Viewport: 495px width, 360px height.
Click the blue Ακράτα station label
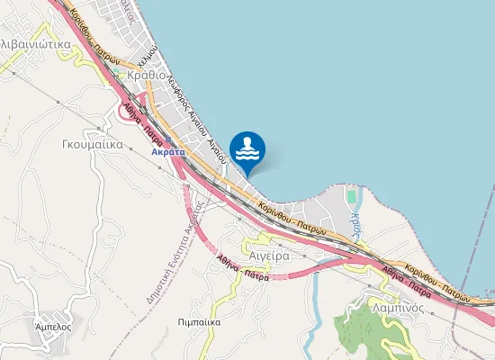[x=168, y=153]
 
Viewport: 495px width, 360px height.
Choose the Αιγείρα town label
[x=268, y=256]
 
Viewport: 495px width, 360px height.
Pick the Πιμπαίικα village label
[x=200, y=320]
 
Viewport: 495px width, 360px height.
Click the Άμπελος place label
[x=52, y=326]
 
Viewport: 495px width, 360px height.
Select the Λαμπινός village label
[x=399, y=307]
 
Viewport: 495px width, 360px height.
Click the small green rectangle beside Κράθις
[x=351, y=194]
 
